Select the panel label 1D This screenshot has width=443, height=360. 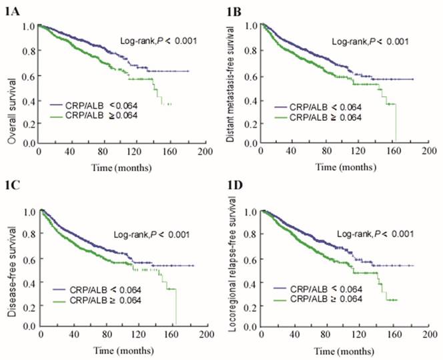[232, 189]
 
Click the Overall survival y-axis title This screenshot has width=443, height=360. [9, 85]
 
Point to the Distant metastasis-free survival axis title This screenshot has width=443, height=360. [230, 85]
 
